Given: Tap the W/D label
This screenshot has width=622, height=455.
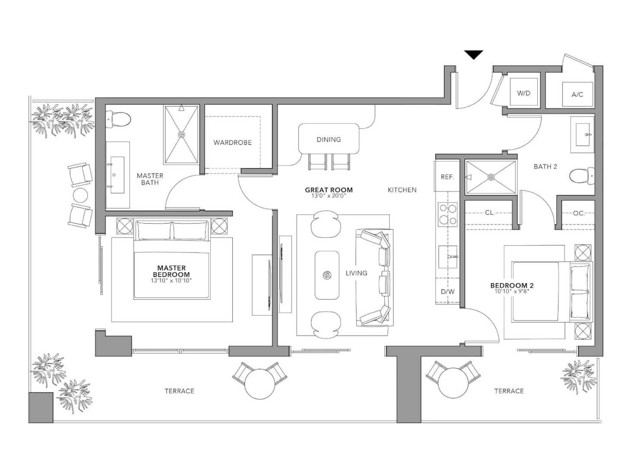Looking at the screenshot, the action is pos(524,93).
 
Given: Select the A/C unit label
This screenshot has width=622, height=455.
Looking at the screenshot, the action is pos(577,95).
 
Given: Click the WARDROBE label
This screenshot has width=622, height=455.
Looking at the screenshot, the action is pos(232,142).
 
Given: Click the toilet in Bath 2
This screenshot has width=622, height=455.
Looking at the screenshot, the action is pos(582,176).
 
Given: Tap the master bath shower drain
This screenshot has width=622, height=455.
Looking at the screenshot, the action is pos(181,135).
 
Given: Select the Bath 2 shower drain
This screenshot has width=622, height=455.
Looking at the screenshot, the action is pos(491,177).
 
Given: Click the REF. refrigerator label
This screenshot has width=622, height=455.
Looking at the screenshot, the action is pos(447,177).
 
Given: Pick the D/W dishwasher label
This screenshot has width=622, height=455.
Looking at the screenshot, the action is pos(447,291).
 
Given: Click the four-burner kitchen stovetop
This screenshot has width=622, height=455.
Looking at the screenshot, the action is pos(447,215).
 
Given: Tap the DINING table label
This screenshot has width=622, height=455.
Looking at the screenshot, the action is pos(329,139).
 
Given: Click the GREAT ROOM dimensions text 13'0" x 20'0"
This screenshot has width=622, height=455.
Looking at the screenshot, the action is pos(328,196).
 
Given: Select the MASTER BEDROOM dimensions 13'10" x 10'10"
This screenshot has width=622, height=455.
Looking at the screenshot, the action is pos(171,281).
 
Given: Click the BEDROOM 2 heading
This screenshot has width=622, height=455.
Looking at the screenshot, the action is pos(512,285).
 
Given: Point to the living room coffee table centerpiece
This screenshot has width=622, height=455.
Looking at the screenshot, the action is pos(327,275).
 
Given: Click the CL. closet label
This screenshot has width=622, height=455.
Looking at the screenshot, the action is pos(490,213).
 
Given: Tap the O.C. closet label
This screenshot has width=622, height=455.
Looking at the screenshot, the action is pos(579,213).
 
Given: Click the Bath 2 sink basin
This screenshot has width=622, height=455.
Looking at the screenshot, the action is pos(583,135).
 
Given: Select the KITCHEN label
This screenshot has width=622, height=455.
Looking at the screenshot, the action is pos(402,190).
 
